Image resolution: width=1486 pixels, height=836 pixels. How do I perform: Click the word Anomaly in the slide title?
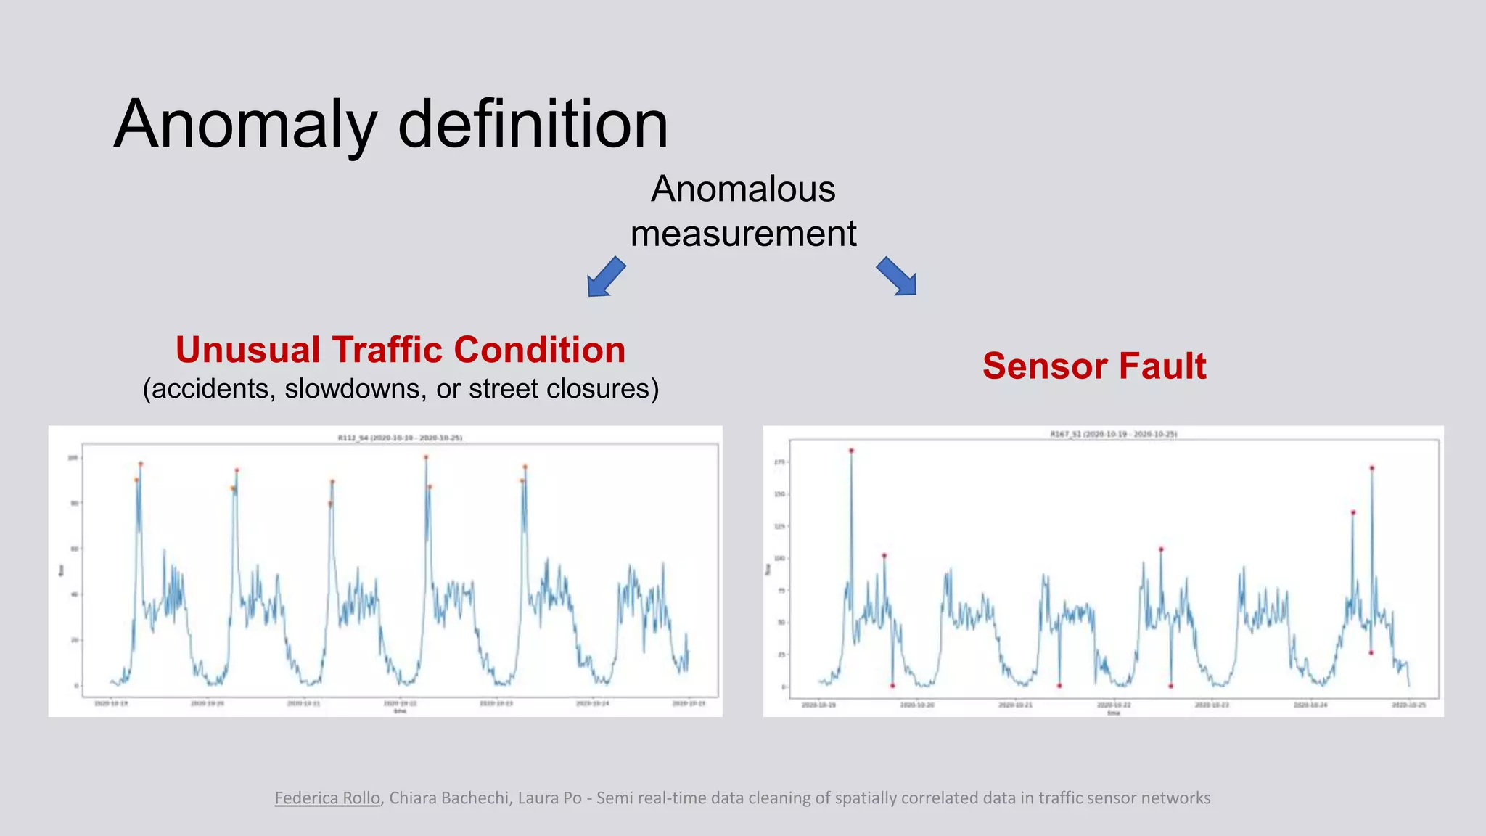[245, 125]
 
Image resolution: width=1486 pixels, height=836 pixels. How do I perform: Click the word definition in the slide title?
[533, 125]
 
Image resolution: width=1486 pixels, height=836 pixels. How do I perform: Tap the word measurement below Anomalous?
[743, 234]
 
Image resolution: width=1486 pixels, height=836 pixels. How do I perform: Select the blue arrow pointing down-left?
[606, 276]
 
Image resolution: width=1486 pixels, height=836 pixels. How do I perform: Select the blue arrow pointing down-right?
[897, 276]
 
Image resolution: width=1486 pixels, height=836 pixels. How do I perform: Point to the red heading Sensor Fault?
[1093, 366]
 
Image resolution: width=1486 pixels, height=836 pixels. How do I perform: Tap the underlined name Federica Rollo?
[327, 798]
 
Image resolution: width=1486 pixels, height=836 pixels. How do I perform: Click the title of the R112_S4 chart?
[400, 438]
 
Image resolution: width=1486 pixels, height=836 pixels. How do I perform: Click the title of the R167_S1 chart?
[1113, 434]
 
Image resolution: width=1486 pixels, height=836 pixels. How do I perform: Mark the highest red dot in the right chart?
[851, 451]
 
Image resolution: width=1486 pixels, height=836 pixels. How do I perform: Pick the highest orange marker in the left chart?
[426, 457]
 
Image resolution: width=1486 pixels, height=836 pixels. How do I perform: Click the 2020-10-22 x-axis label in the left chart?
[400, 703]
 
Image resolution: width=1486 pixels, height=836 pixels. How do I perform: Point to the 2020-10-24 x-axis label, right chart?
[1311, 705]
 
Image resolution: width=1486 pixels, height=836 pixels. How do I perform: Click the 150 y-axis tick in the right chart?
[780, 494]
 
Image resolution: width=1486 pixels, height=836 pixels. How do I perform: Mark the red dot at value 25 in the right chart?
[1371, 653]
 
